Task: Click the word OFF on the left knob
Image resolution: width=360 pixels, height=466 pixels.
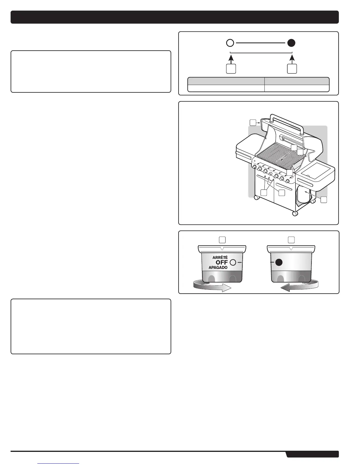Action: point(222,262)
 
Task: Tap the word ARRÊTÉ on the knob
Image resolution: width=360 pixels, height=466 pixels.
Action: point(220,257)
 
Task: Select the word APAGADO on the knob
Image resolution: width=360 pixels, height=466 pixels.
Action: point(218,267)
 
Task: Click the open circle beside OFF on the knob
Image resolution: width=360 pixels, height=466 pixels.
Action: point(234,262)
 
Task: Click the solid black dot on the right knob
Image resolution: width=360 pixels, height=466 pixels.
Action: point(279,262)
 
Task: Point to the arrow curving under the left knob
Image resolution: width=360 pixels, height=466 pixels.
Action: point(212,286)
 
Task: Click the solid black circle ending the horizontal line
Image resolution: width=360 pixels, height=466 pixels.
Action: point(291,43)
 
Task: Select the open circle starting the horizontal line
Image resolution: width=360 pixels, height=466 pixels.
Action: point(230,43)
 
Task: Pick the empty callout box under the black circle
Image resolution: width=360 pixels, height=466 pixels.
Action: point(292,69)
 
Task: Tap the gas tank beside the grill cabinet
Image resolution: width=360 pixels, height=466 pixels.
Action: point(305,196)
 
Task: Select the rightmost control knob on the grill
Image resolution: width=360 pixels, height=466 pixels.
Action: point(287,181)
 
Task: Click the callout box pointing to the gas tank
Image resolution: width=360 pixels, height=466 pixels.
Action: point(324,200)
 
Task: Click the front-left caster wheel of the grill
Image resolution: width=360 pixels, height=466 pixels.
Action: point(256,198)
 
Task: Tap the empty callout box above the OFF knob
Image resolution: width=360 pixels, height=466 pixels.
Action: point(222,240)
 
